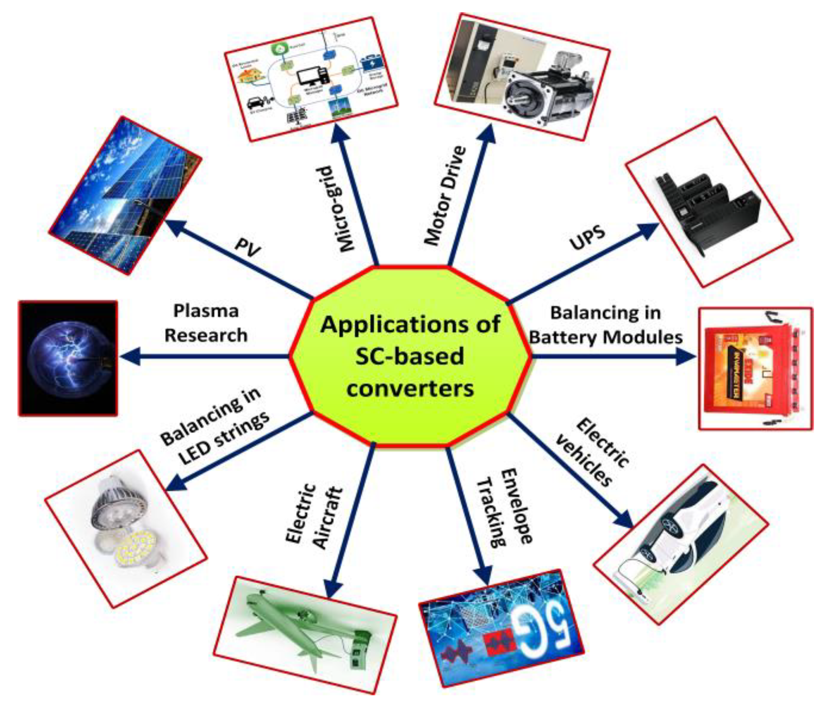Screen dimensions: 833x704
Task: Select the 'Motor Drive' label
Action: pyautogui.click(x=444, y=195)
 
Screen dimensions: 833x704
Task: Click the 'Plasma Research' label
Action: pyautogui.click(x=206, y=323)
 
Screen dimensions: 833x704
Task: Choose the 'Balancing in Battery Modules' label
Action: pyautogui.click(x=606, y=325)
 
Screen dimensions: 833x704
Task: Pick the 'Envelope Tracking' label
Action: pyautogui.click(x=504, y=507)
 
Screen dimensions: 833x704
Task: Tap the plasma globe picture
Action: pyautogui.click(x=68, y=359)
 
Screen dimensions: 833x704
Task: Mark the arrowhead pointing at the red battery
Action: pyautogui.click(x=686, y=357)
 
